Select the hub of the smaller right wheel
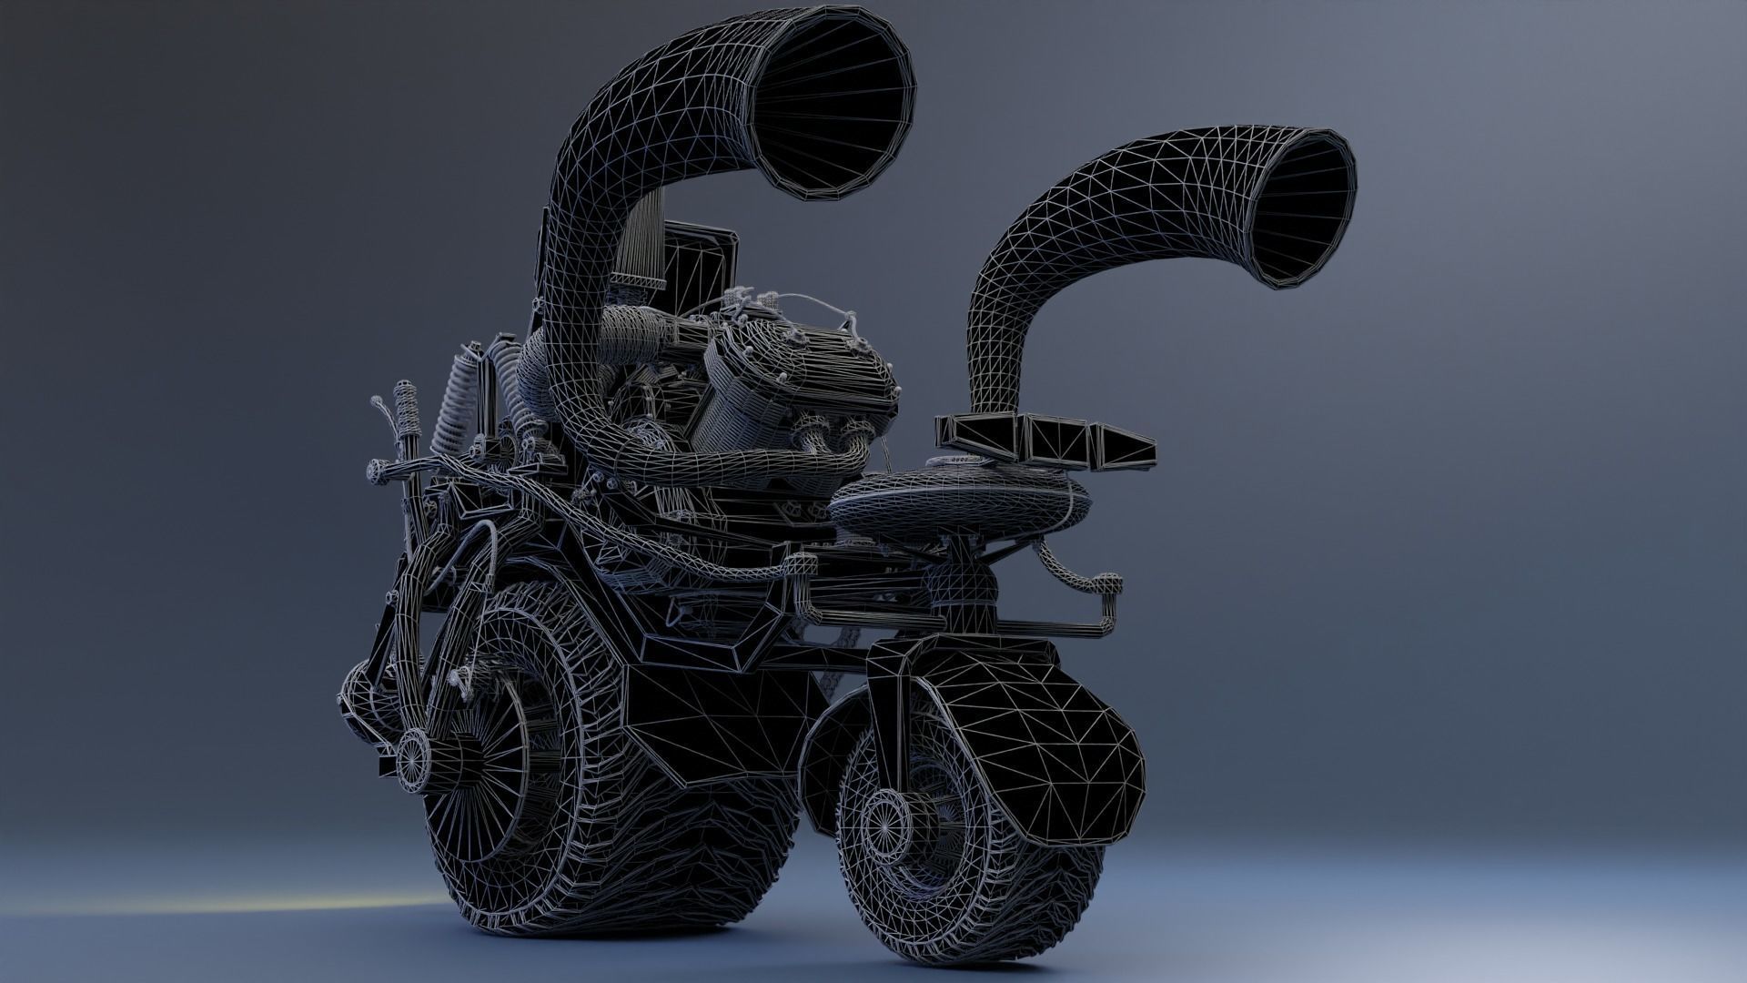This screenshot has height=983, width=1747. click(881, 824)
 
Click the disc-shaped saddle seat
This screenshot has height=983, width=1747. click(960, 497)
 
